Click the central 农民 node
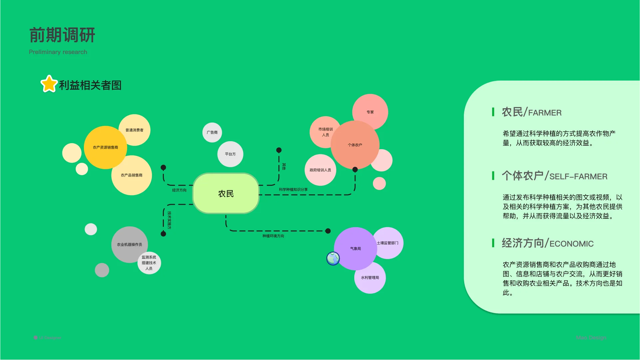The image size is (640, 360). pos(226,193)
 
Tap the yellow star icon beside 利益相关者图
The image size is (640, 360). pos(49,84)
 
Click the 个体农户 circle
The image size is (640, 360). pos(355,145)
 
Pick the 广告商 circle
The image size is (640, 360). pos(212,133)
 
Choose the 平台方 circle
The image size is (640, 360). pos(230,154)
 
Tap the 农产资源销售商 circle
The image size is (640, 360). pos(105,148)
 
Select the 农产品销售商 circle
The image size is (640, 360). pos(132,175)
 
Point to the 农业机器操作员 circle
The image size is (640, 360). pos(129,244)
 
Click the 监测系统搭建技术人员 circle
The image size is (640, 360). pos(149,263)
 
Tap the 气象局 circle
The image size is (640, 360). pos(355,248)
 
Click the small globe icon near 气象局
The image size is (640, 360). pos(333,258)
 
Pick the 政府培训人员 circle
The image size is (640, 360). pos(320,170)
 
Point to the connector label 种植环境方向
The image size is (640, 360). pos(273,236)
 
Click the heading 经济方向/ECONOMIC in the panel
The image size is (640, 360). pos(547,243)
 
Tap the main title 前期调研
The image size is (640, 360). pos(62,35)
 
